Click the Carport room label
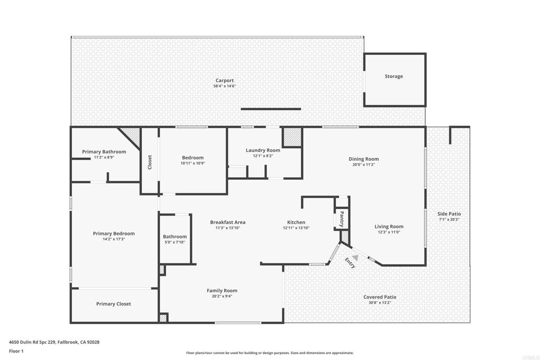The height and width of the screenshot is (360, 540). point(225,81)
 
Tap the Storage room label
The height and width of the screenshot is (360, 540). point(393,76)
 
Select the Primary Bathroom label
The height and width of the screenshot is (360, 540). point(104,152)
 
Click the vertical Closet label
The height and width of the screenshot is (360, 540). point(150,161)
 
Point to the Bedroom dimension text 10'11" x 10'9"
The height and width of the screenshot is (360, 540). point(192,163)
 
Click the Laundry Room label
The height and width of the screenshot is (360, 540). point(263,150)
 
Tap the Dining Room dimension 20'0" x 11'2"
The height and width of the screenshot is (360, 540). point(363,164)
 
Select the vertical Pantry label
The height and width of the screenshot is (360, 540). point(342,218)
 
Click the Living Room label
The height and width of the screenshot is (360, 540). point(389,227)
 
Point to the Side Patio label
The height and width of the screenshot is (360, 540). point(449,214)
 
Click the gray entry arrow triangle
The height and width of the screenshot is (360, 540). point(355,258)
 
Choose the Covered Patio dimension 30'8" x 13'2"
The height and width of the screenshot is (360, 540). point(380,303)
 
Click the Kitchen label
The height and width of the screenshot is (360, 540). point(296,222)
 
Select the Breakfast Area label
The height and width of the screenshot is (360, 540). point(227,222)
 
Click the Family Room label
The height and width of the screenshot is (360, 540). point(221,290)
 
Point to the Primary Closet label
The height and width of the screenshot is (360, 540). point(113,304)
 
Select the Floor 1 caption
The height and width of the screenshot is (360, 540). point(16,351)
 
